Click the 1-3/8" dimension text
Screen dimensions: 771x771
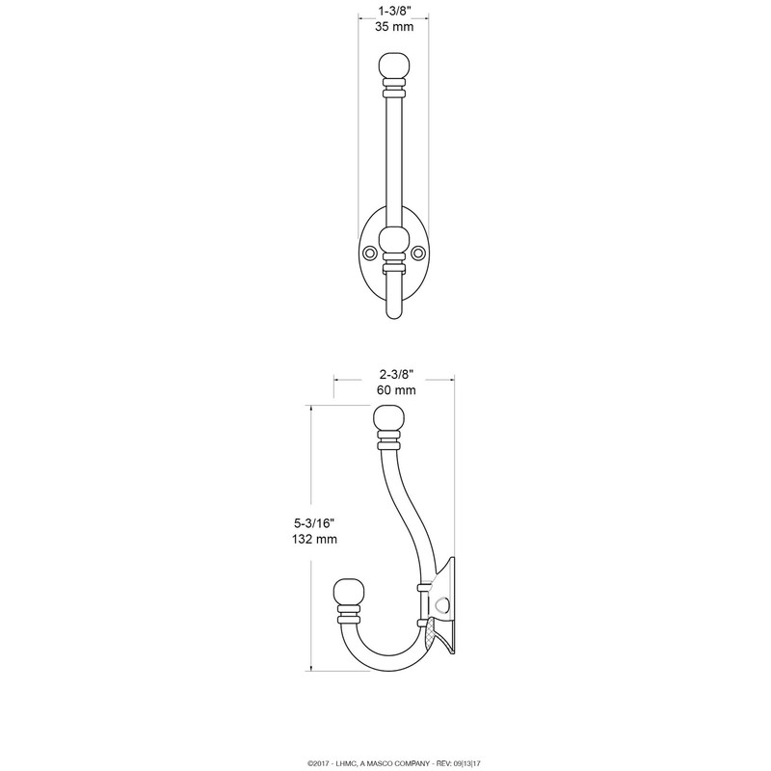394,11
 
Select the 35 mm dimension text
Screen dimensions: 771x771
394,27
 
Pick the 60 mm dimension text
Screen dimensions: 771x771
396,390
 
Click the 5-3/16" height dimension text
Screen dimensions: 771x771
314,522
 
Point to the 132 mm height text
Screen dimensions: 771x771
314,539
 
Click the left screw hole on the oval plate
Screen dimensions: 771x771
368,253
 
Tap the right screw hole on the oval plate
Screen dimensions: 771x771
418,253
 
